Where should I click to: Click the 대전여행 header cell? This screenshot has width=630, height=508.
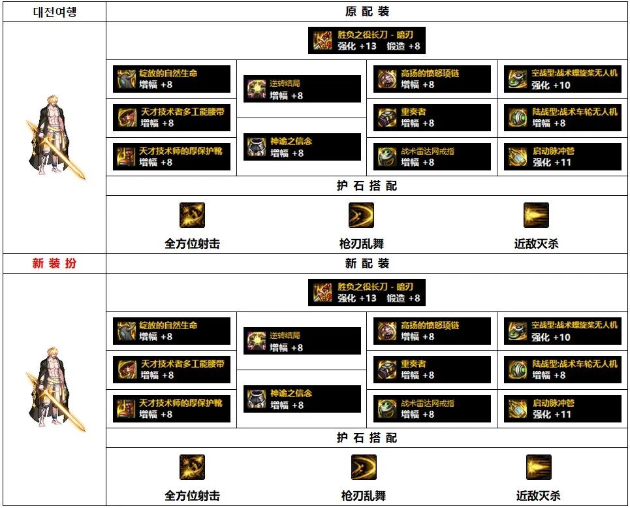[55, 12]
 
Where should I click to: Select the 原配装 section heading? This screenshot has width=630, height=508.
[367, 12]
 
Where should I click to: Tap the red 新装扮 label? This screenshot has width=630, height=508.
[55, 264]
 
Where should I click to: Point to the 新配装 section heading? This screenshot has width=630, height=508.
[367, 264]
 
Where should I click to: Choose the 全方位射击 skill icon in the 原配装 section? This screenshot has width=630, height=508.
[192, 215]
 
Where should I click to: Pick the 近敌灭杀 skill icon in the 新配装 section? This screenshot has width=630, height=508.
[539, 467]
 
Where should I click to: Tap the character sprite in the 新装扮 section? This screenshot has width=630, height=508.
[55, 390]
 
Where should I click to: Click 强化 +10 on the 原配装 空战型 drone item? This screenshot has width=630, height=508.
[550, 85]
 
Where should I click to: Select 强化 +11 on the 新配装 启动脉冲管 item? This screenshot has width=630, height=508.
[552, 414]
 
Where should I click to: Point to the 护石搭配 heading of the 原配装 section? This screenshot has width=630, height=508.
[367, 186]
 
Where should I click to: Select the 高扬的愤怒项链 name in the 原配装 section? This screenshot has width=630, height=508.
[430, 74]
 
